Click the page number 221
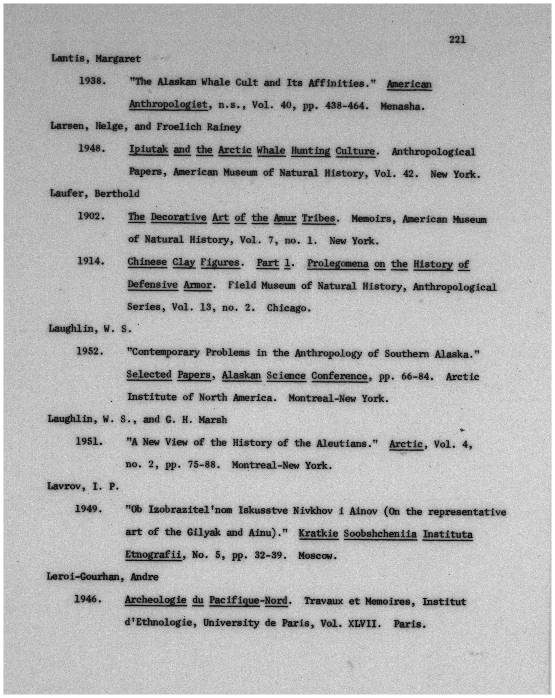(457, 40)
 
